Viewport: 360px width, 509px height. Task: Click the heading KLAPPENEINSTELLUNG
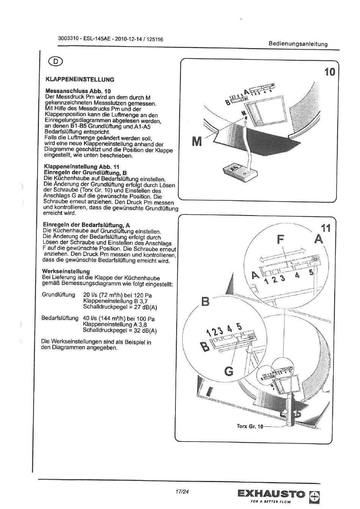(80, 80)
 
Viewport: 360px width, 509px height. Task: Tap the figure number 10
(329, 71)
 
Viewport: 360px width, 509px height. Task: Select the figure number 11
(325, 228)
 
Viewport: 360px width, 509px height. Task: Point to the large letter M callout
(197, 142)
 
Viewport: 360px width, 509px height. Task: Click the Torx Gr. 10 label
(250, 426)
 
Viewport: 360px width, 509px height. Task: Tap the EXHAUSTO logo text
(271, 494)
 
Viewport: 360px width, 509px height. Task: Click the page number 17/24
(182, 492)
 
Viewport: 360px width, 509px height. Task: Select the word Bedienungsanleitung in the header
(298, 44)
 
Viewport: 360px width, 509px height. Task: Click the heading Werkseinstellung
(66, 272)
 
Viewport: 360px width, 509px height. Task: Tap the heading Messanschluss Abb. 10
(78, 91)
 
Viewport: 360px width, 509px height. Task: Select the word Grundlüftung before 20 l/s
(58, 295)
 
